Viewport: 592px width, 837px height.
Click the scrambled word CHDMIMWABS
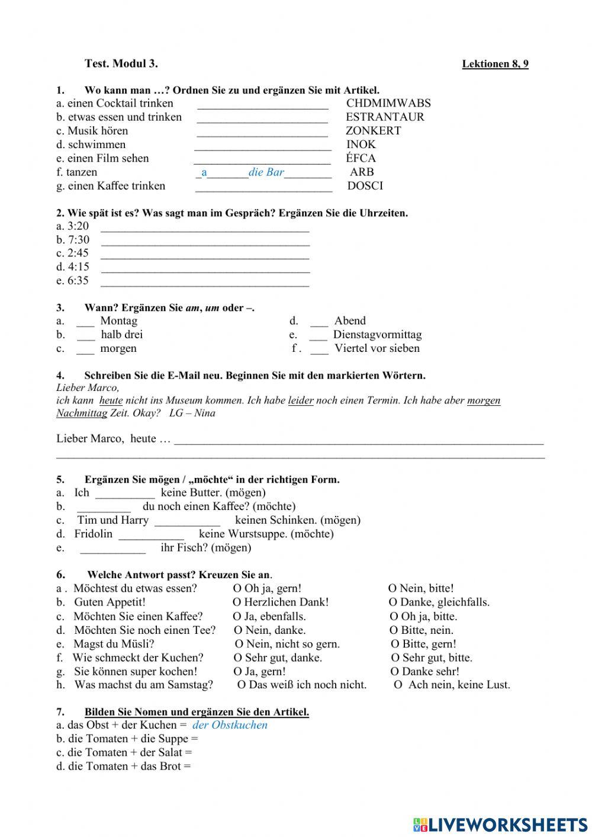tap(388, 103)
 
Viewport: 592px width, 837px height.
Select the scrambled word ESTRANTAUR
tap(385, 117)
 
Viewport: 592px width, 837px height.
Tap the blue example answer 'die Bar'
tap(266, 172)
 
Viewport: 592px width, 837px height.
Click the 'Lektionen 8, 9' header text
tap(495, 64)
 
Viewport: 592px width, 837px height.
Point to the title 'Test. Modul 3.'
tap(121, 63)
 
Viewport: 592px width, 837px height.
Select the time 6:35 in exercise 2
tap(78, 281)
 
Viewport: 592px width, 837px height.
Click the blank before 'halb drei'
tap(85, 335)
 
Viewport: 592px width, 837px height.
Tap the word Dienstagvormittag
tap(377, 335)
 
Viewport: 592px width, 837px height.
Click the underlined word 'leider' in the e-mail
tap(301, 400)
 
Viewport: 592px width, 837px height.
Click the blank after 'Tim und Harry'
tap(187, 521)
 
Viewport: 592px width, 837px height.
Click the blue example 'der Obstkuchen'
tap(230, 725)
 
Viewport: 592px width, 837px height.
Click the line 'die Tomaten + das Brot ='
tap(124, 767)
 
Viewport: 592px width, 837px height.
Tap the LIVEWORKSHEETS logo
tap(500, 825)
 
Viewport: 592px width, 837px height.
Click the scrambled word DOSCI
tap(365, 186)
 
